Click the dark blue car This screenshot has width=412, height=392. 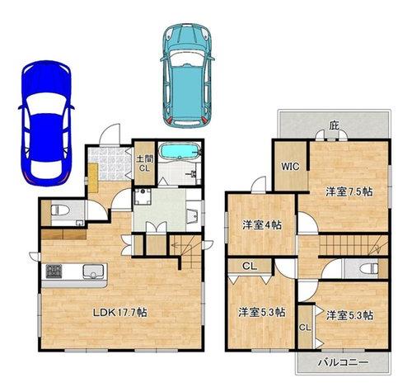(x=46, y=123)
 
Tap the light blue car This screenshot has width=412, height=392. (x=187, y=76)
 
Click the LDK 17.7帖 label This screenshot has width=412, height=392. (x=119, y=313)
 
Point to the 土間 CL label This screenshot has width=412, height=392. (x=144, y=163)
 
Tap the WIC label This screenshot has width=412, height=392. (x=290, y=167)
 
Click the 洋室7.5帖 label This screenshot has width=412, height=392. (x=349, y=191)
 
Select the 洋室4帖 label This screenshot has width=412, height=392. (x=262, y=225)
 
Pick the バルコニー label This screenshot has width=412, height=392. (x=343, y=362)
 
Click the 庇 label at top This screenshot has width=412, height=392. (x=335, y=126)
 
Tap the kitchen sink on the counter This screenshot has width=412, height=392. (x=94, y=271)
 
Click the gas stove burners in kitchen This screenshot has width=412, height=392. (x=54, y=271)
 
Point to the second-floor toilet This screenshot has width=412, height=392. (x=368, y=269)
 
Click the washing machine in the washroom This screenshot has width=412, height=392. (x=142, y=196)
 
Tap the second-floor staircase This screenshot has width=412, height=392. (x=353, y=245)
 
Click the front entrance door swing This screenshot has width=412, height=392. (x=110, y=135)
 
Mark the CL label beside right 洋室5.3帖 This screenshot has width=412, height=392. (x=305, y=328)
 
